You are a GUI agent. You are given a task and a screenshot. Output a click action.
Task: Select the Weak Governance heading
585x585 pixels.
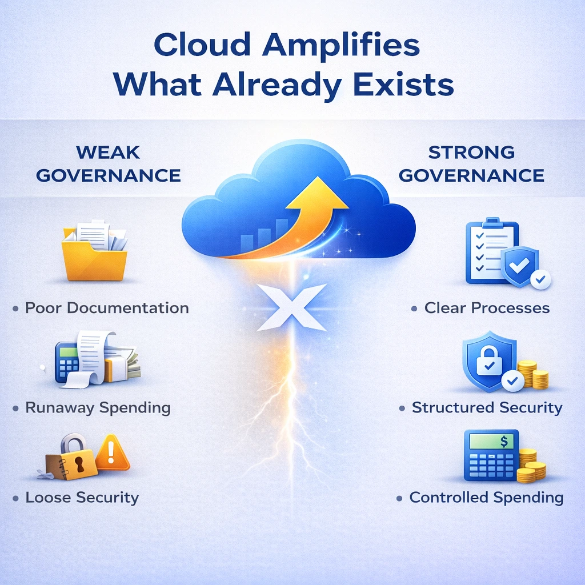[108, 163]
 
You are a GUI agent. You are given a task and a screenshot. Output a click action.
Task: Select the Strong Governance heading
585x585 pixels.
[471, 163]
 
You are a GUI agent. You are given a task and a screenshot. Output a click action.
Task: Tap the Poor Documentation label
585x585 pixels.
[107, 308]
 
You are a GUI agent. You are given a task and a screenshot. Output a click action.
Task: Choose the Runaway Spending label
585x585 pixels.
[98, 408]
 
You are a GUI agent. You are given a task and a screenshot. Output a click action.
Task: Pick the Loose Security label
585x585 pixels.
[82, 498]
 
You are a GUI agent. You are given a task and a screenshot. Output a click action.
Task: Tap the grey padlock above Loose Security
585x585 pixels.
[73, 448]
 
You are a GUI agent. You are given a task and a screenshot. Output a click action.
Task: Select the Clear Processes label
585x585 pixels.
[487, 308]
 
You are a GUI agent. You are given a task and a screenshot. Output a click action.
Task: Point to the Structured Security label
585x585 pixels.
[487, 408]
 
